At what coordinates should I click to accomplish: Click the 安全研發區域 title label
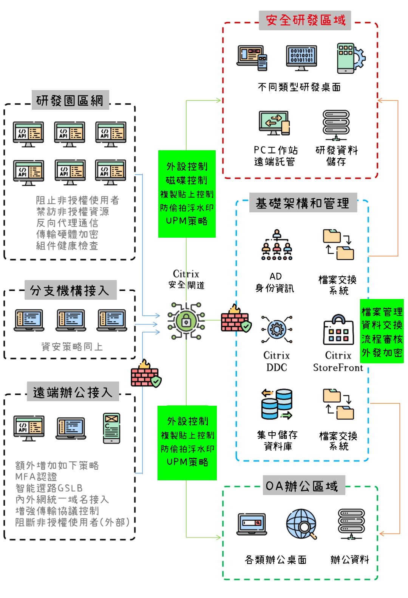coord(305,20)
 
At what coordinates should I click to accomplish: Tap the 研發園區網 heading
coord(70,100)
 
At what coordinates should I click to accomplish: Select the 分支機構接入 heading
coord(70,290)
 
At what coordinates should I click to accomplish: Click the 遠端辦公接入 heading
coord(73,392)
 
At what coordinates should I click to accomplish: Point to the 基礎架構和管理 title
coord(303,203)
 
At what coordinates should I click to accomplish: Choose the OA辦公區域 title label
coord(304,486)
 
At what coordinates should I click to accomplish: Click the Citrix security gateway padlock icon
coord(186,321)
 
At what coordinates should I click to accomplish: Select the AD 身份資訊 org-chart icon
coord(277,245)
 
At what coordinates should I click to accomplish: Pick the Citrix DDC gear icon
coord(277,329)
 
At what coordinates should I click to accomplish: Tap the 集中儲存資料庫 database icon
coord(277,404)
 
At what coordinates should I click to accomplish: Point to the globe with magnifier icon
coord(301,524)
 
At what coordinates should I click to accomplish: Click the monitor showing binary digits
coord(301,58)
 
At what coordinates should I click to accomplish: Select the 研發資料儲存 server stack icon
coord(336,125)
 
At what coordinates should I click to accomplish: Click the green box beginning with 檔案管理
coord(382,331)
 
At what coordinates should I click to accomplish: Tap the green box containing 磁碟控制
coord(187,194)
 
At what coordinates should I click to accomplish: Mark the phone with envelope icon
coord(111,428)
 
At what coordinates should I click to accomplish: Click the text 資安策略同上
coord(72,347)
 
